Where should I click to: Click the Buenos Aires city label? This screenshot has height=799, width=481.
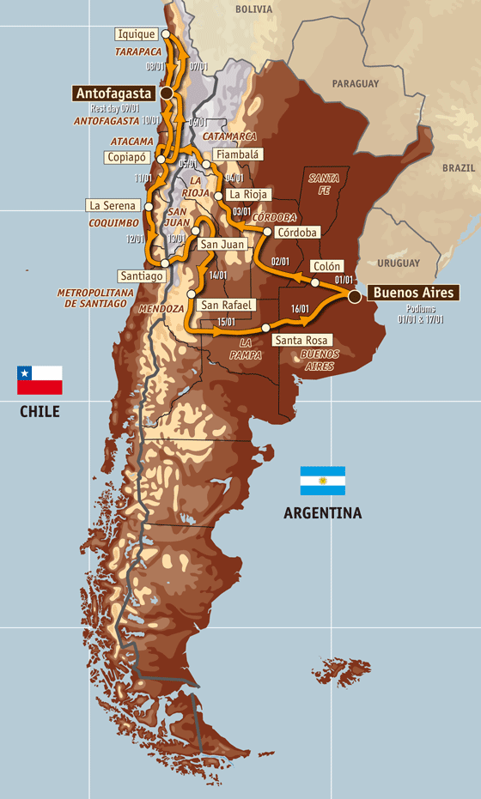click(413, 293)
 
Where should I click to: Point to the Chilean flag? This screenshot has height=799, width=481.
click(40, 379)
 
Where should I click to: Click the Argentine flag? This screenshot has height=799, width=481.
click(322, 481)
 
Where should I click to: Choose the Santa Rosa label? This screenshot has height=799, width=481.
click(300, 340)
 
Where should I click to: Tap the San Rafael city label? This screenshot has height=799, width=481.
click(227, 305)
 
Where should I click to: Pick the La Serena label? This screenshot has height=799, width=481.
click(113, 205)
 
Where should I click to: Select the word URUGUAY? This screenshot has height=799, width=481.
click(398, 262)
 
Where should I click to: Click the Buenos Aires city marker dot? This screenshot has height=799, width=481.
click(354, 296)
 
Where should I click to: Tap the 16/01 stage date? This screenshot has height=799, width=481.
click(300, 309)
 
